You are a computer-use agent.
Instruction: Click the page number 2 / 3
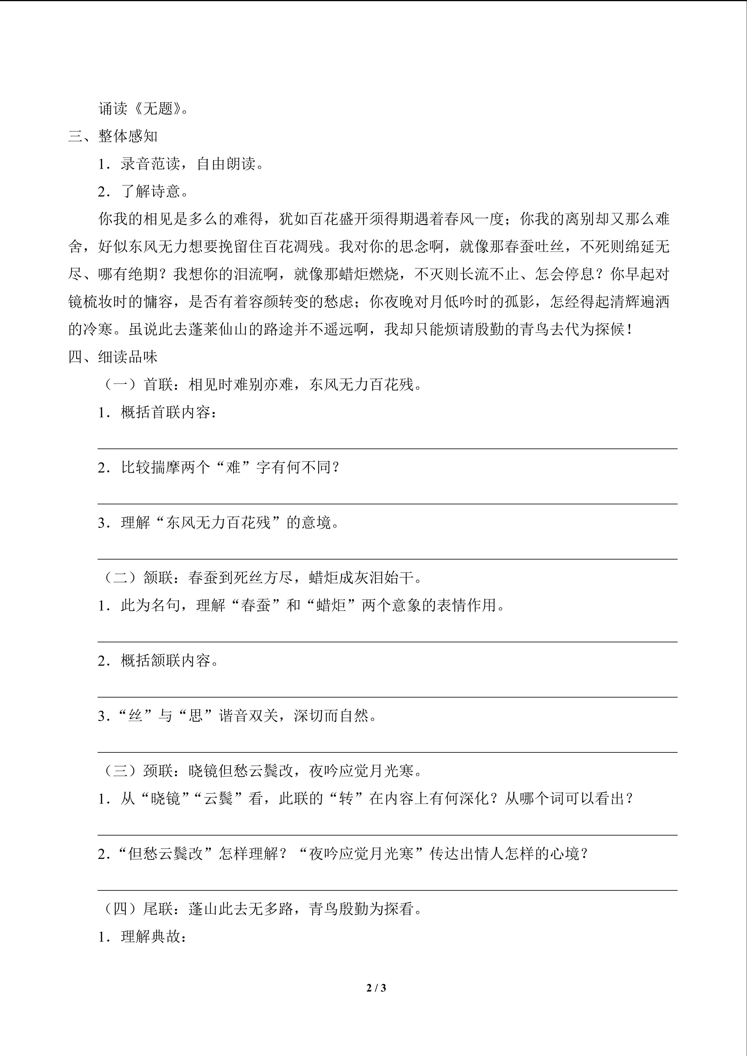[x=376, y=987]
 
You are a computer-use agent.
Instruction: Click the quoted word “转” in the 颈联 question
[x=346, y=799]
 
